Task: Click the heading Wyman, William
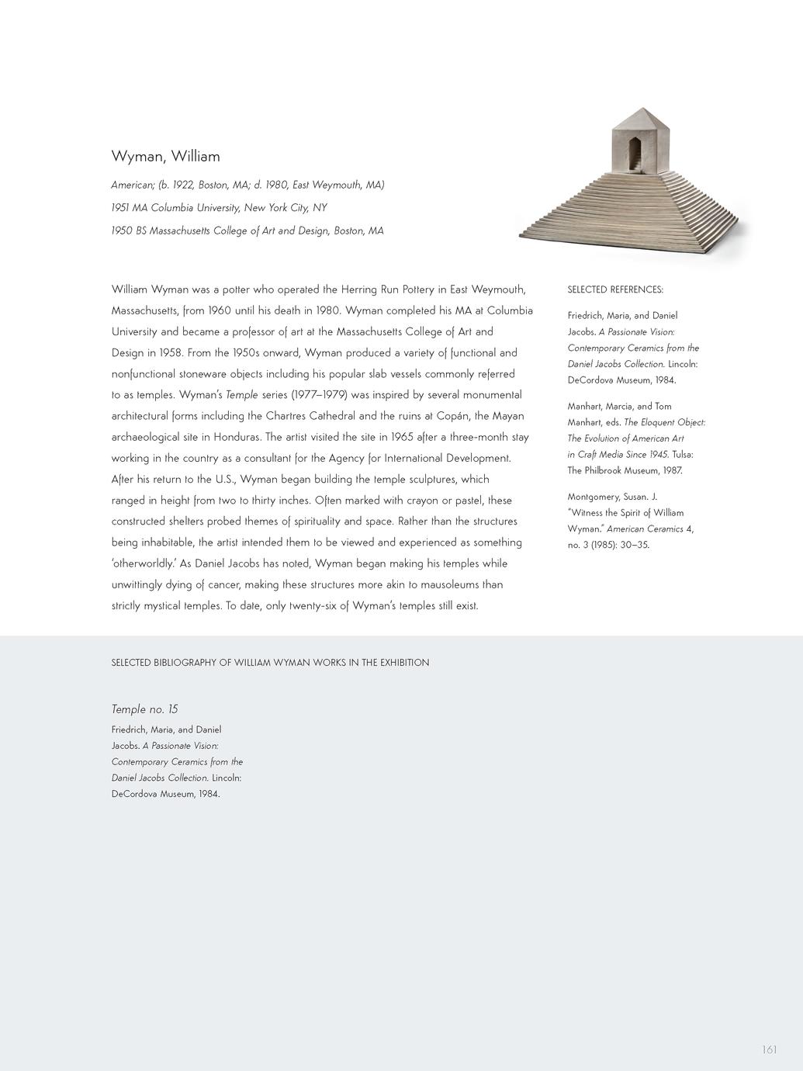tap(165, 156)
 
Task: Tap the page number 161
tap(769, 1050)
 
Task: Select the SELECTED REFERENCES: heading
tap(615, 289)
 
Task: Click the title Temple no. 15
tap(144, 709)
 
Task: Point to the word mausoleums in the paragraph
tap(436, 584)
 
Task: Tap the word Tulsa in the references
tap(682, 454)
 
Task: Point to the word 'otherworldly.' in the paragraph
tap(144, 563)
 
